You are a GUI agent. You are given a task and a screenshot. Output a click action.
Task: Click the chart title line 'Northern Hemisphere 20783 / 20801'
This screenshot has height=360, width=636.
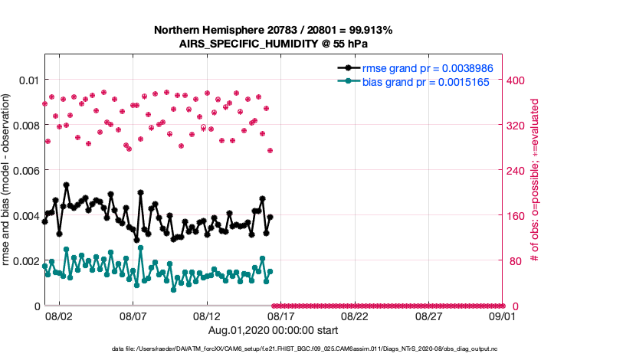click(274, 31)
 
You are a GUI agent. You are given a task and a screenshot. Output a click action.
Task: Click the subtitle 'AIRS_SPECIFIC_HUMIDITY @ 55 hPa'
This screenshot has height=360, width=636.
click(274, 44)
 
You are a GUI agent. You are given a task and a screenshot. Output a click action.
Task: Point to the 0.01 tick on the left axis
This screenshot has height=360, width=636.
click(29, 80)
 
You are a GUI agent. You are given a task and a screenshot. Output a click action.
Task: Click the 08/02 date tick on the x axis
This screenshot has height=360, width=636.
click(59, 316)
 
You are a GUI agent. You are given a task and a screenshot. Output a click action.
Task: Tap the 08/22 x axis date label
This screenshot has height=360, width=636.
click(355, 316)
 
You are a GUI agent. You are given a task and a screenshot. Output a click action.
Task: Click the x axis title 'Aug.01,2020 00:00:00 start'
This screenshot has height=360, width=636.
click(274, 331)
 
